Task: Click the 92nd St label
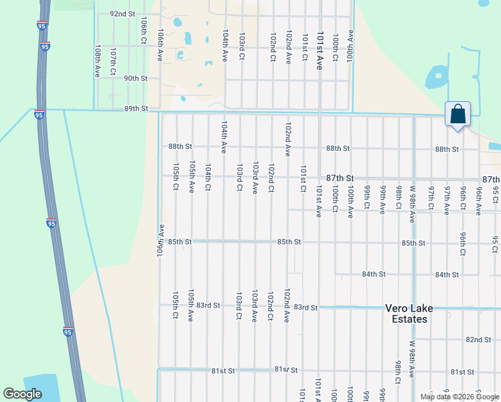tap(123, 13)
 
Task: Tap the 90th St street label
tap(135, 78)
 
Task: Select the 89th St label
tap(135, 109)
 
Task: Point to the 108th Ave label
tap(98, 61)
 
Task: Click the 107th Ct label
tap(113, 61)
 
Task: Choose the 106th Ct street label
tap(143, 31)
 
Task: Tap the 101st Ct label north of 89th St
tap(305, 47)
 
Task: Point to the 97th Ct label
tap(431, 200)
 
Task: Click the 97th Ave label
tap(447, 200)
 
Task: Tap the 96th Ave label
tap(479, 200)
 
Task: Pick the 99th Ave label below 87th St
tap(382, 200)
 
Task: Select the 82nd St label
tap(478, 340)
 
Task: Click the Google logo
tap(23, 394)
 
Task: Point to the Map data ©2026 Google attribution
tap(459, 397)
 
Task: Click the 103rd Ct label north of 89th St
tap(241, 47)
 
